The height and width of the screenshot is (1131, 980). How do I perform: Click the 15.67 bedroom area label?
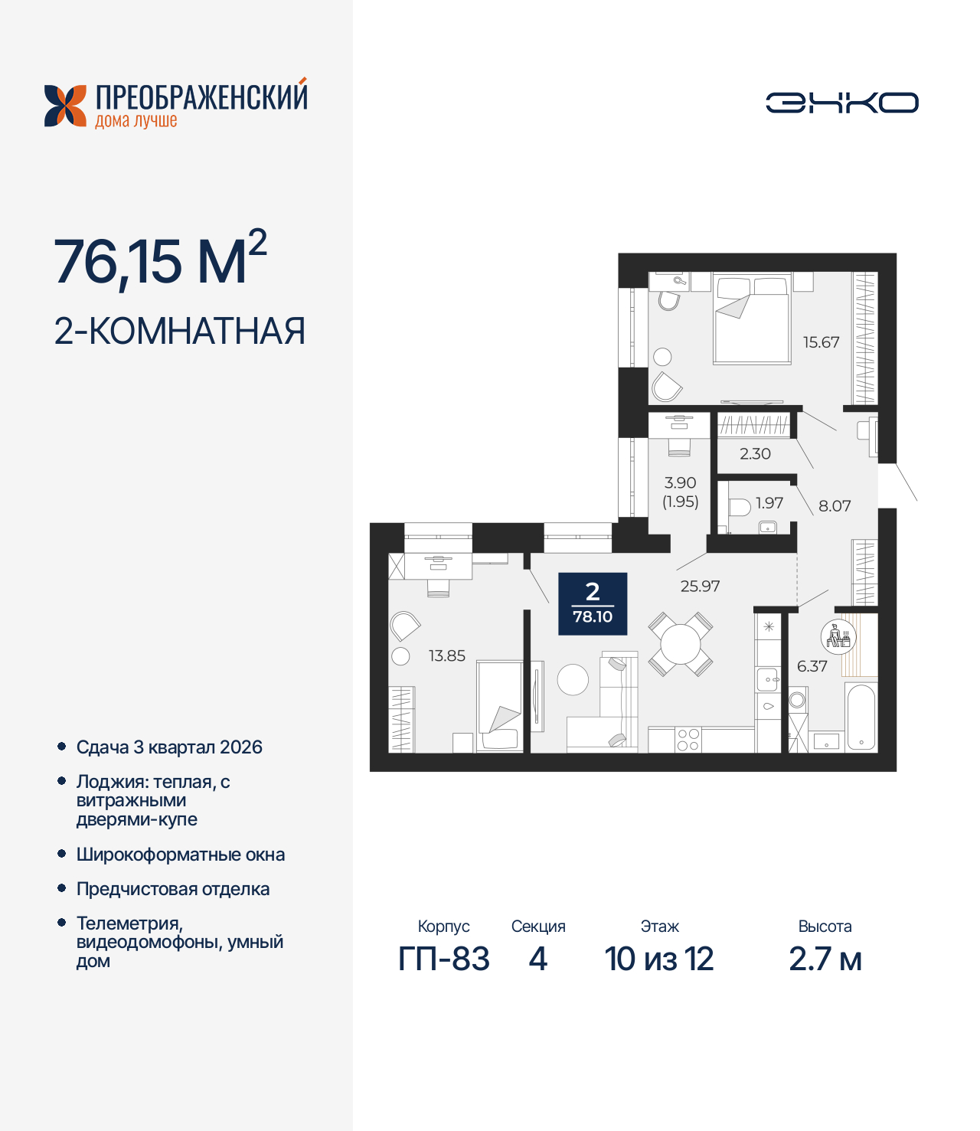(821, 342)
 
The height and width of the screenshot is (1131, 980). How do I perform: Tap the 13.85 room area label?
(446, 655)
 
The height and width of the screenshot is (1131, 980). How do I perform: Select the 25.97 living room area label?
(700, 586)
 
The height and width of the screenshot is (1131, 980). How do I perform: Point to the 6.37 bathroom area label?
(812, 666)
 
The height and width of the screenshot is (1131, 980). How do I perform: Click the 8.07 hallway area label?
(835, 505)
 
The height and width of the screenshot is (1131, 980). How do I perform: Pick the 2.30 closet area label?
(755, 453)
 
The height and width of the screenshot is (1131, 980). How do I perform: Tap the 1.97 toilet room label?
(769, 502)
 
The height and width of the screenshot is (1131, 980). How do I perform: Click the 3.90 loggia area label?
(680, 483)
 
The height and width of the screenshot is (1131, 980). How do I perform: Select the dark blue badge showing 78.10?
(593, 603)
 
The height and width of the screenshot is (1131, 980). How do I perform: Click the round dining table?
(681, 644)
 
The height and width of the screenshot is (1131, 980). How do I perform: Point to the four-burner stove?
(688, 740)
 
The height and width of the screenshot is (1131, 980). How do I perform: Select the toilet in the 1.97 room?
(739, 507)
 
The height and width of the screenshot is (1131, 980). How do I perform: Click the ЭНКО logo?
(842, 103)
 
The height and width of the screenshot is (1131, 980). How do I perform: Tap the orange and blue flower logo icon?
(66, 106)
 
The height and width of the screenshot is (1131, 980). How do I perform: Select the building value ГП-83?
(444, 959)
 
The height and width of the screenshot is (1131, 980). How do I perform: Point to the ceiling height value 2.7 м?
(825, 959)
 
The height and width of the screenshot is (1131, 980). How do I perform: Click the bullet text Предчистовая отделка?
(173, 889)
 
